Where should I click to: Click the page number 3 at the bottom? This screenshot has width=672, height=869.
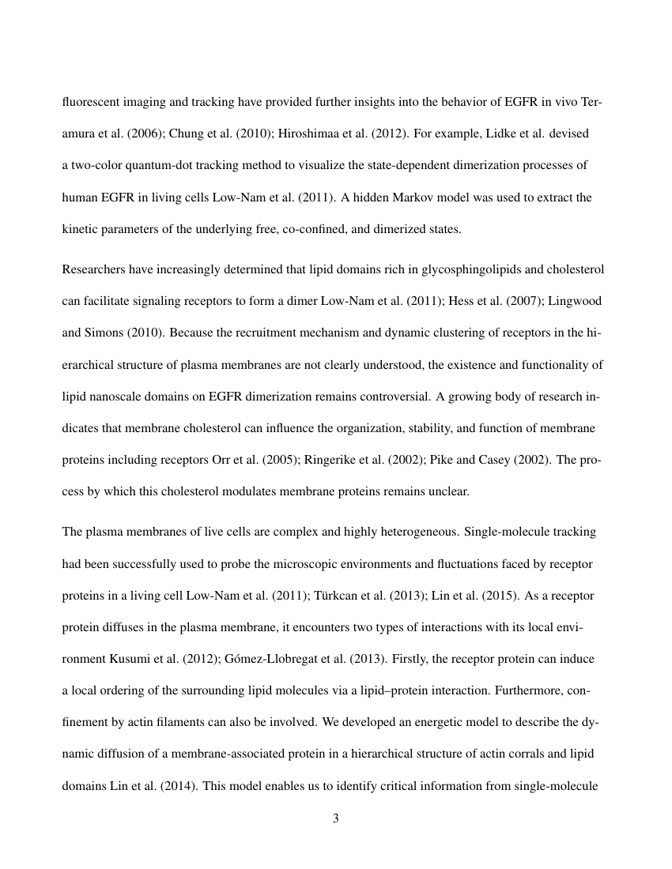pyautogui.click(x=336, y=818)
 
